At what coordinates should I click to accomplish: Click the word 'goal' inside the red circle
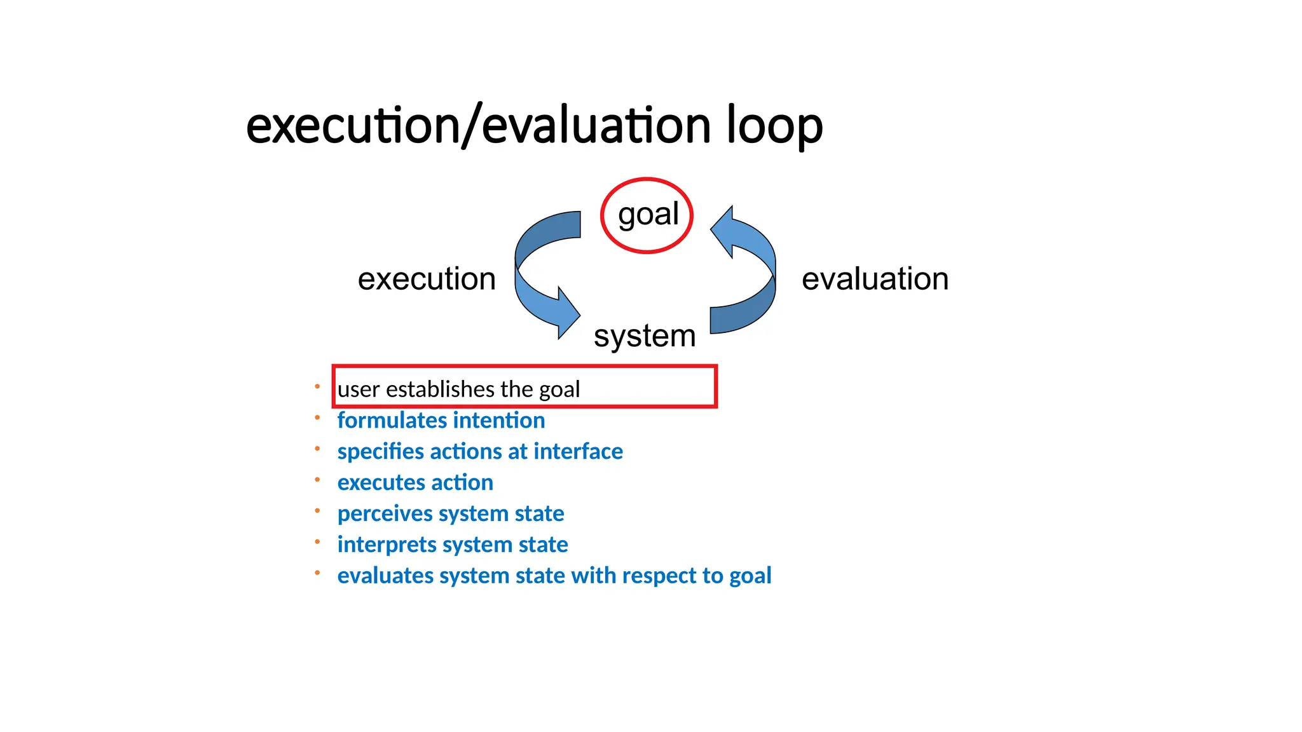tap(648, 215)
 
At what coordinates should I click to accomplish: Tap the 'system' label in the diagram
tap(645, 335)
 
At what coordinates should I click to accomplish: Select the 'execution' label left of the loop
tap(427, 279)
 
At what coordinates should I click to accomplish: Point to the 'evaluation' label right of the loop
tap(875, 279)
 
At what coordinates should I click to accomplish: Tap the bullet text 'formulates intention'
tap(441, 421)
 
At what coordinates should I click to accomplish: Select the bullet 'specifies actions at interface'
tap(480, 452)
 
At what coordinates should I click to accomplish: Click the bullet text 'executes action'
tap(415, 483)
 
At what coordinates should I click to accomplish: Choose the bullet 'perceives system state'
tap(451, 513)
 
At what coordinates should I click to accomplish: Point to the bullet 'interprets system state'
tap(453, 545)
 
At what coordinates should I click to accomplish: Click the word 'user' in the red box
tap(358, 390)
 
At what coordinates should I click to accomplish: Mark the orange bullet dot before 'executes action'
tap(317, 480)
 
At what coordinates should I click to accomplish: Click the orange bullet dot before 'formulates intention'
tap(317, 417)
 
